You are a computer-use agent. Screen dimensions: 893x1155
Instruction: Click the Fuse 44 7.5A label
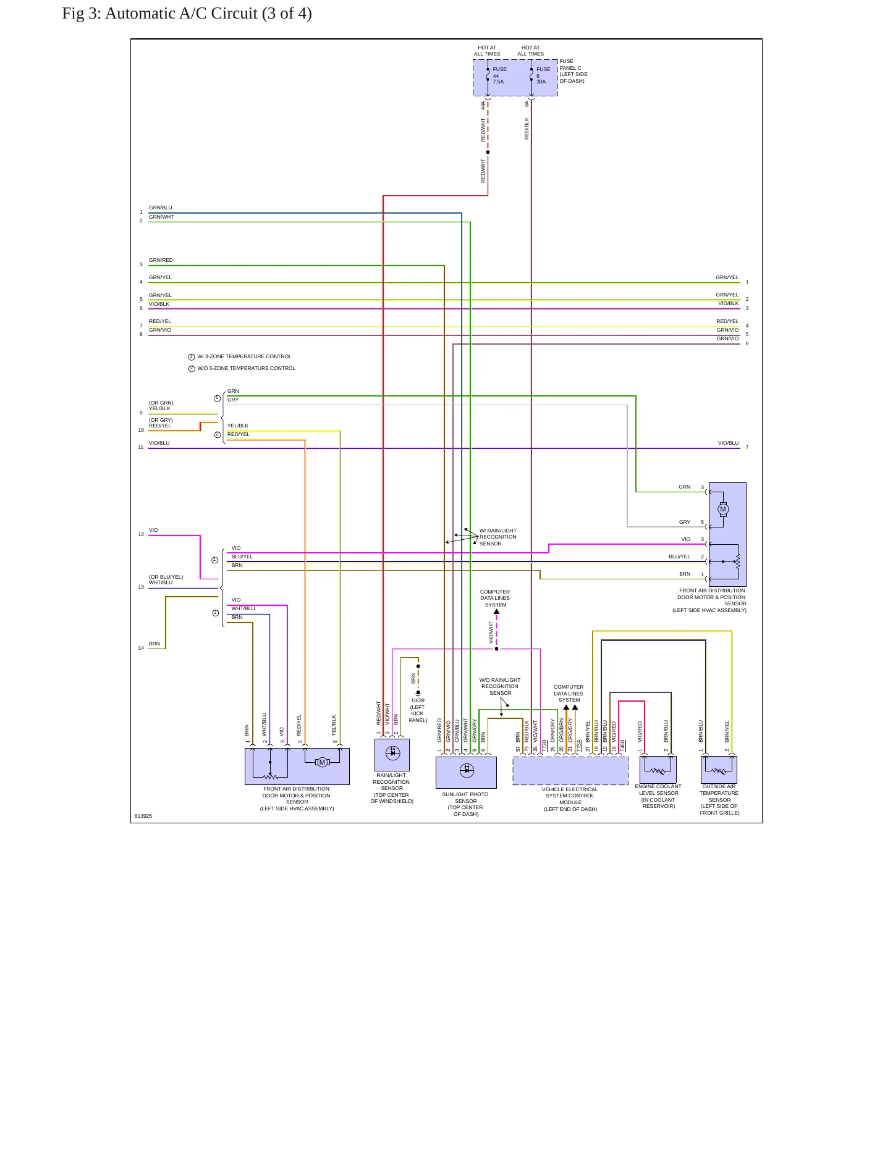[x=499, y=75]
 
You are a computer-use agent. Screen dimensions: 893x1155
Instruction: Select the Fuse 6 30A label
[x=543, y=75]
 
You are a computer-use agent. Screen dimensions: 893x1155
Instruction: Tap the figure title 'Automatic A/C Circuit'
[x=181, y=14]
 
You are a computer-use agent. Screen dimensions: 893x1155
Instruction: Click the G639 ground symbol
[x=418, y=694]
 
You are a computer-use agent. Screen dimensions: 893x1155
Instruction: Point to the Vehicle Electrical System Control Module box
[x=570, y=771]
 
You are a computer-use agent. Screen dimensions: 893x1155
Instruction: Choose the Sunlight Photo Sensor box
[x=466, y=772]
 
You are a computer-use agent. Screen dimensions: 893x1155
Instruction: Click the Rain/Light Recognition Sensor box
[x=392, y=755]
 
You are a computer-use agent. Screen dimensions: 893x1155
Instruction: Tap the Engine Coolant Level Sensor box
[x=658, y=770]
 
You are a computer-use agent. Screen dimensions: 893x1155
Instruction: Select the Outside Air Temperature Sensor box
[x=719, y=770]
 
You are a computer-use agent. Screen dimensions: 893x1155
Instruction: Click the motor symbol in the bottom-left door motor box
[x=322, y=762]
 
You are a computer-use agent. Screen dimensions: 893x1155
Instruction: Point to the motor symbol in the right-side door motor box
[x=723, y=510]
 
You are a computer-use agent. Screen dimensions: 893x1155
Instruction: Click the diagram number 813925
[x=143, y=816]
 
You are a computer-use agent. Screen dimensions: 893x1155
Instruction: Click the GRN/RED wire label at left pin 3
[x=161, y=260]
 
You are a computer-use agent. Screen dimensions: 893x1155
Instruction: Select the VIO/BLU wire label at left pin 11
[x=159, y=443]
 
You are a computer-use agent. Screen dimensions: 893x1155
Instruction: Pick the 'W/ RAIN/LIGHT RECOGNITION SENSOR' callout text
[x=498, y=537]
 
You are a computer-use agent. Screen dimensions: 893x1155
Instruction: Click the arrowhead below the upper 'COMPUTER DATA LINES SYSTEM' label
[x=496, y=611]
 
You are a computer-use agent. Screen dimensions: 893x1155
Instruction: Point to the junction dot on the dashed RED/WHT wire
[x=488, y=152]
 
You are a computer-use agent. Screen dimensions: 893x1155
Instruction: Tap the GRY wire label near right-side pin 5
[x=685, y=522]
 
